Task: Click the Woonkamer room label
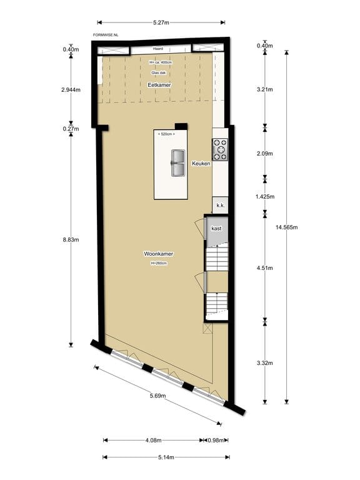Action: [x=159, y=254]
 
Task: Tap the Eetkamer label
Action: [x=159, y=84]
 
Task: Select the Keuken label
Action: [x=201, y=162]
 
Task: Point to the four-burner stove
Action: [x=220, y=150]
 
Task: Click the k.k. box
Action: [x=220, y=205]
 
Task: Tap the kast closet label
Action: [x=216, y=229]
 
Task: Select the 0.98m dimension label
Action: [x=217, y=439]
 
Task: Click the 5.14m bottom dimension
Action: [x=165, y=457]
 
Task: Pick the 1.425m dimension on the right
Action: [x=266, y=196]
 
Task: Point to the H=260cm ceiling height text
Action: [x=159, y=263]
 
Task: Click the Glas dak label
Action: [x=159, y=73]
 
